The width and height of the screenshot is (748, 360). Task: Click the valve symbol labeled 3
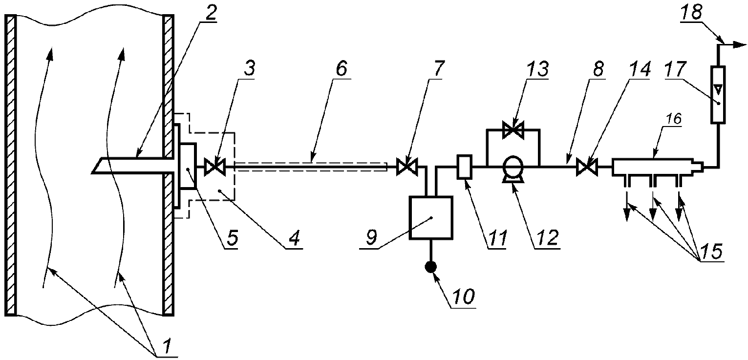coord(214,168)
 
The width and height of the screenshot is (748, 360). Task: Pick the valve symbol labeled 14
coord(584,168)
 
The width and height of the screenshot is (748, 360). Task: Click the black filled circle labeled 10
coord(430,267)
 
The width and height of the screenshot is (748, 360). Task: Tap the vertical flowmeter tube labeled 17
coord(717,95)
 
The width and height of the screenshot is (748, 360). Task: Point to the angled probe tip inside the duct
coord(98,166)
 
